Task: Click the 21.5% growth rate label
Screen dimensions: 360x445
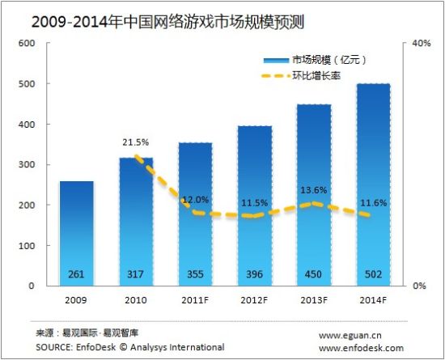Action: [x=136, y=142]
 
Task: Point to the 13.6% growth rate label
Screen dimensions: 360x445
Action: [x=314, y=191]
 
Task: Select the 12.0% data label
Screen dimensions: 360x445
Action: [x=195, y=199]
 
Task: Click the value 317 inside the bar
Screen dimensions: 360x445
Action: [x=136, y=274]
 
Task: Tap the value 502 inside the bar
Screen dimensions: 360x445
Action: [x=373, y=274]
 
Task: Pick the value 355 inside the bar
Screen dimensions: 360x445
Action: [x=195, y=274]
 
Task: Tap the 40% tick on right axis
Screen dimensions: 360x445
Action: [x=421, y=43]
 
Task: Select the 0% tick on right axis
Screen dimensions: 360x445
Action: [x=418, y=286]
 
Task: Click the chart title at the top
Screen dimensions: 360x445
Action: [x=162, y=15]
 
